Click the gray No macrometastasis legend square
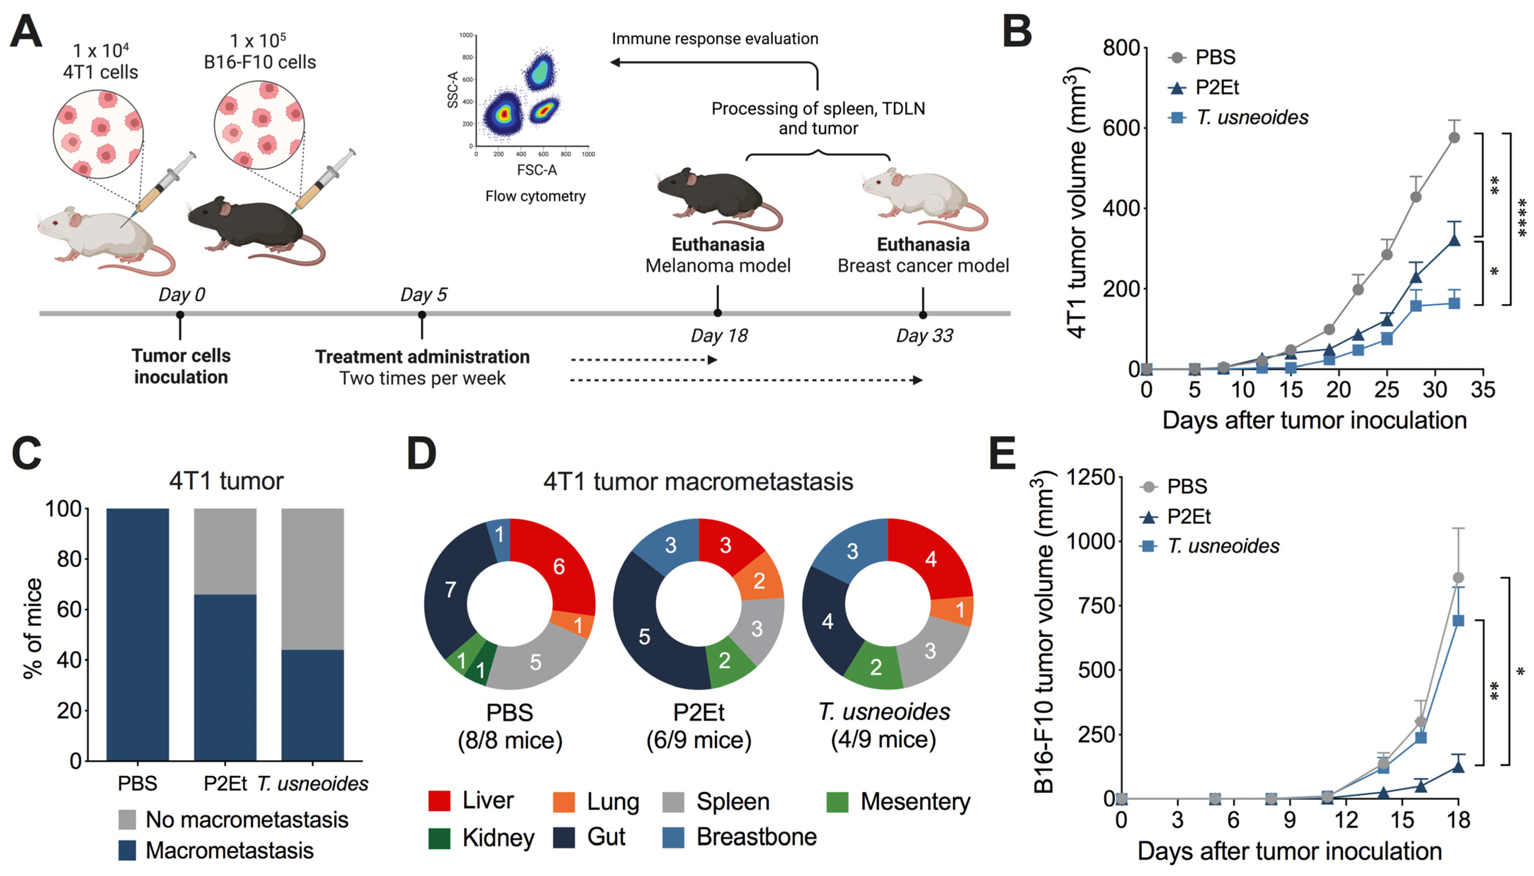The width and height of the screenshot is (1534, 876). [127, 819]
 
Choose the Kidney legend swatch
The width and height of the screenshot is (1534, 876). [439, 837]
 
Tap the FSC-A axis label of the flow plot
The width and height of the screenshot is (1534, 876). [536, 170]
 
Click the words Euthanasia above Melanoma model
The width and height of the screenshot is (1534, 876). [717, 245]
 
